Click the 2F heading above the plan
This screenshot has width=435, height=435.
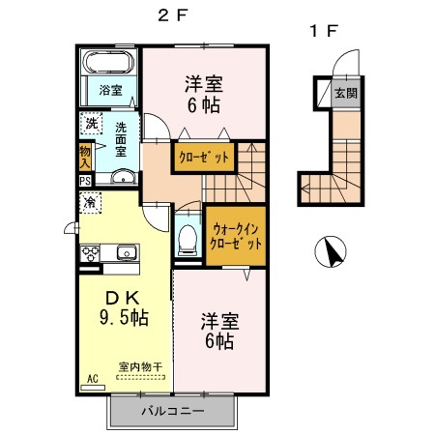pos(171,15)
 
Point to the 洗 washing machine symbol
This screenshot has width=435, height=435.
pos(90,124)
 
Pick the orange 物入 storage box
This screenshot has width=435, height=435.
pos(85,156)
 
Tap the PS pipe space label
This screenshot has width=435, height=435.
pos(85,181)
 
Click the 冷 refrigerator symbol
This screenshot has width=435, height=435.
pos(90,203)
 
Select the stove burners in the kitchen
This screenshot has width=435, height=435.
pos(91,253)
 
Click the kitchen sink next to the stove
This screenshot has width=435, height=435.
pos(127,253)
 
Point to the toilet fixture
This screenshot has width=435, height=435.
pos(188,237)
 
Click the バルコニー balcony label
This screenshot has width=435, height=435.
pos(172,411)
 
